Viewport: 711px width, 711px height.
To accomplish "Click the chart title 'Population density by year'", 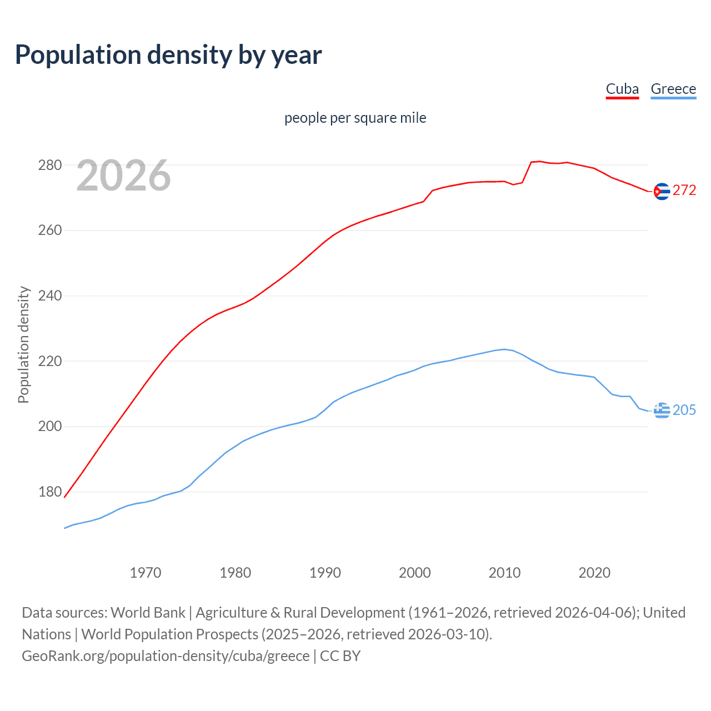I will (168, 55).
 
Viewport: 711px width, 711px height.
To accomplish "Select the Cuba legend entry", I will (622, 89).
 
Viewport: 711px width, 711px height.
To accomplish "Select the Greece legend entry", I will (673, 89).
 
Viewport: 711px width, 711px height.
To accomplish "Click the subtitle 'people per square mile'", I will (355, 118).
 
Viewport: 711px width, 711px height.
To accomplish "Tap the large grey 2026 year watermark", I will (123, 176).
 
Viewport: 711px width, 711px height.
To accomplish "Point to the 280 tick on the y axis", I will (49, 165).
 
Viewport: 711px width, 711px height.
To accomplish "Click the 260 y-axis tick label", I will (49, 230).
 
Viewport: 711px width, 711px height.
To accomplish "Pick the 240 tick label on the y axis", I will (49, 296).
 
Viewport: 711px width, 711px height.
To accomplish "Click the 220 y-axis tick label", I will (49, 361).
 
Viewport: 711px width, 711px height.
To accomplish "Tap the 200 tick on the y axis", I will (49, 426).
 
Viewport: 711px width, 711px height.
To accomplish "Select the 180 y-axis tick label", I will (49, 492).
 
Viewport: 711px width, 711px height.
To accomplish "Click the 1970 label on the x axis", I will (146, 573).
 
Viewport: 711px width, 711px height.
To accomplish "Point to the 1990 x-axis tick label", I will (325, 573).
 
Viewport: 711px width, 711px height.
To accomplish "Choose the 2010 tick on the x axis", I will (504, 573).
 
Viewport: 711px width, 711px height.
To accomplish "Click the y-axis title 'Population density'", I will (23, 344).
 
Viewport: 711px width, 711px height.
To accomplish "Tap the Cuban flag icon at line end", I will (662, 191).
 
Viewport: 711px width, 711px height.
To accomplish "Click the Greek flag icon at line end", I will (662, 410).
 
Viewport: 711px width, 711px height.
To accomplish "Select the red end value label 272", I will (684, 190).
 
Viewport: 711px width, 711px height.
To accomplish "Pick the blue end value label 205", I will (684, 410).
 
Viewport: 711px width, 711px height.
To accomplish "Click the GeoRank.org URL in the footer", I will (166, 656).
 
